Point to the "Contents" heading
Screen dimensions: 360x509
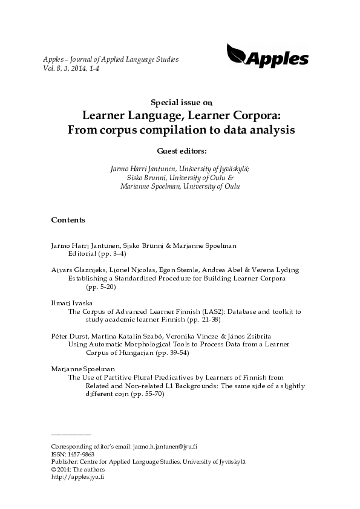[68, 219]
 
